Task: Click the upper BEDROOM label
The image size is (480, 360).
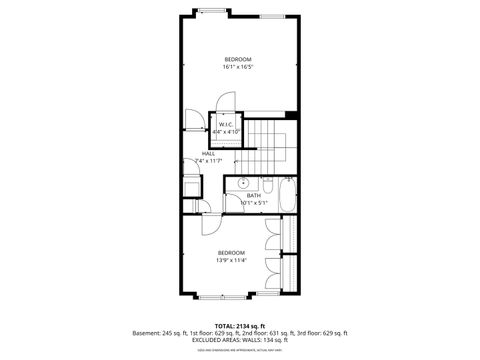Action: click(237, 59)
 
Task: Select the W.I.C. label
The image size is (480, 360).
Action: click(227, 124)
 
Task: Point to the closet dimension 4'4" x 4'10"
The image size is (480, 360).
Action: click(227, 131)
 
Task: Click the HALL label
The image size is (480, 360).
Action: click(208, 153)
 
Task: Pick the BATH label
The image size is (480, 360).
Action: click(254, 195)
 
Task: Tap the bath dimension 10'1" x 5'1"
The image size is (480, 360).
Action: click(254, 202)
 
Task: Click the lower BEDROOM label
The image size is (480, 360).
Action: click(232, 253)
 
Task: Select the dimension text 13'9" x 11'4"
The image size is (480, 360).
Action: click(232, 260)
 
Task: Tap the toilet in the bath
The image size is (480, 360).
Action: click(267, 183)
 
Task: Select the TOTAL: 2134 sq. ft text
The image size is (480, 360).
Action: click(239, 326)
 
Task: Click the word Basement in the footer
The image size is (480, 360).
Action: click(146, 333)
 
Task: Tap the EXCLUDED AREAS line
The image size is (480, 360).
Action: click(239, 340)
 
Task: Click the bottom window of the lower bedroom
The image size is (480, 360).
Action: click(221, 298)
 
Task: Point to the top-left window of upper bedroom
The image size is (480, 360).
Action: click(210, 13)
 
